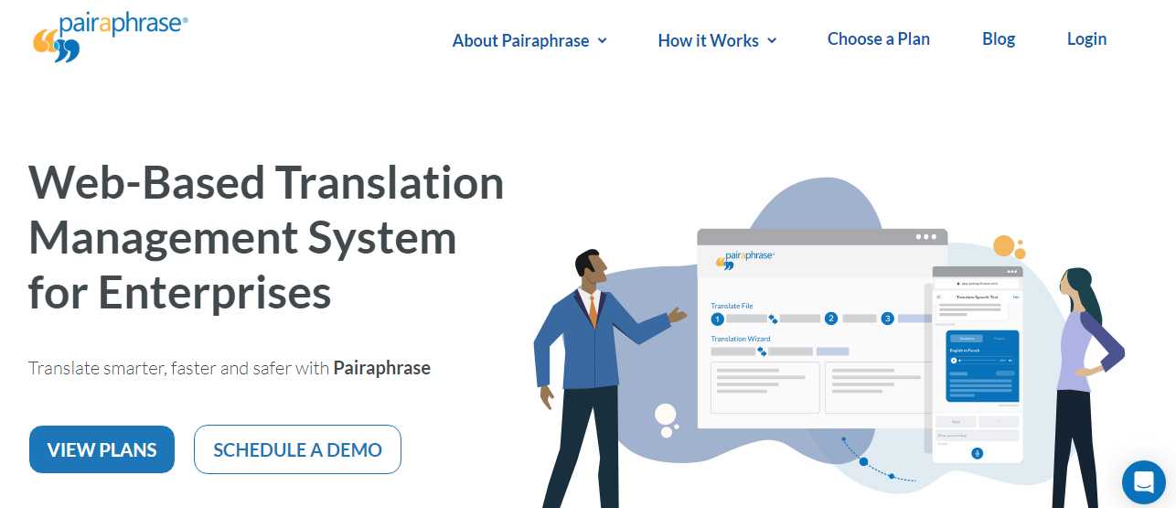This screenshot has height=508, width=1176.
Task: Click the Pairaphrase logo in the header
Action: [110, 37]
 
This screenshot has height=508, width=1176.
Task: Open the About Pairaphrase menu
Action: [529, 40]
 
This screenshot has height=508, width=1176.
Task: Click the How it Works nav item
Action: [717, 40]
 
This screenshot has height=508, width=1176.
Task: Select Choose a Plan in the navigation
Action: [878, 39]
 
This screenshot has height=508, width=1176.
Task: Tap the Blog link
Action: [999, 39]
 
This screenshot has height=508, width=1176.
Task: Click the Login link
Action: [1086, 39]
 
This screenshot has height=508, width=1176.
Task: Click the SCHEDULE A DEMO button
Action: [297, 449]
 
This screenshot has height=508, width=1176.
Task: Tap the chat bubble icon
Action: [1143, 481]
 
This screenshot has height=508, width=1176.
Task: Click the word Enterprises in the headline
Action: [214, 293]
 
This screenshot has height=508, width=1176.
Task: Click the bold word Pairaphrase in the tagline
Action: [381, 368]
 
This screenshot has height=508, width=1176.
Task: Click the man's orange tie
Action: [593, 311]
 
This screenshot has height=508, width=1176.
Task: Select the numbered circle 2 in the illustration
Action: [831, 319]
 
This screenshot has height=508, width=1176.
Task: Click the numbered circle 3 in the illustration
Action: [887, 319]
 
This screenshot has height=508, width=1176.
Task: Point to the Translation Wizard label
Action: [741, 339]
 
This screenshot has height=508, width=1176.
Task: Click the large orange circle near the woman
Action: [1004, 246]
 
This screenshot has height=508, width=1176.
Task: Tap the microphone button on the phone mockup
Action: [977, 453]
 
